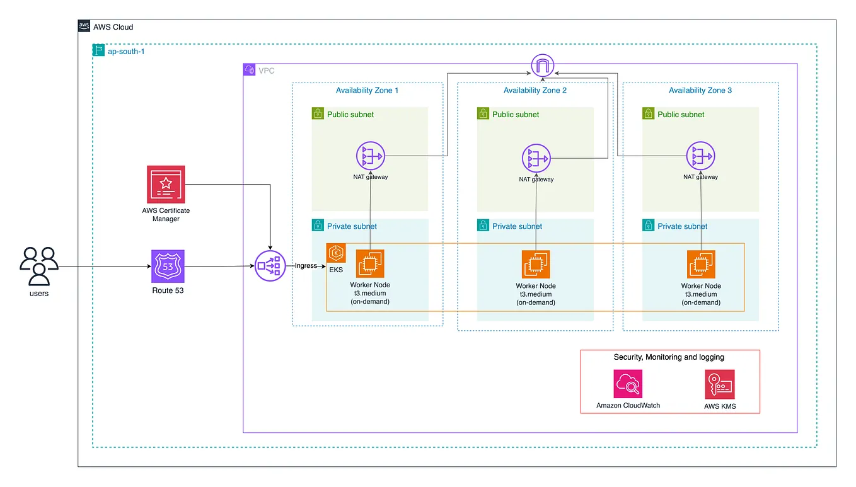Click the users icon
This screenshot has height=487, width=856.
click(39, 265)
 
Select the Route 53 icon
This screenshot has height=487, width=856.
click(168, 266)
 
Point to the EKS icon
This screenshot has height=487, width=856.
click(336, 253)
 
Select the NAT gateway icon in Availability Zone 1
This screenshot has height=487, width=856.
click(370, 157)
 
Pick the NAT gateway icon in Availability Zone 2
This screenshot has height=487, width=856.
click(536, 159)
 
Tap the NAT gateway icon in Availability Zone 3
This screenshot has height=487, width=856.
click(700, 157)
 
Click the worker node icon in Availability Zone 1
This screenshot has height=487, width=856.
click(370, 264)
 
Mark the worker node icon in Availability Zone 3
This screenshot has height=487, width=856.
click(701, 264)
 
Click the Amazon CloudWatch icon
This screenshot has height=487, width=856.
click(628, 384)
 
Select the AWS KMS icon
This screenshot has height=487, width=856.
click(720, 384)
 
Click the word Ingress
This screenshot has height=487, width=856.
click(306, 266)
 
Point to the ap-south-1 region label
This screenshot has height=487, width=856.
click(126, 51)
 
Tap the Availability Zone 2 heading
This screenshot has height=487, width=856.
click(535, 91)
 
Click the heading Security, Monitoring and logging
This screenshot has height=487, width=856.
click(669, 357)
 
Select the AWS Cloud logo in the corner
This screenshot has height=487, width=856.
click(84, 26)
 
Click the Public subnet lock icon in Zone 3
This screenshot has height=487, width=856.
click(648, 114)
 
